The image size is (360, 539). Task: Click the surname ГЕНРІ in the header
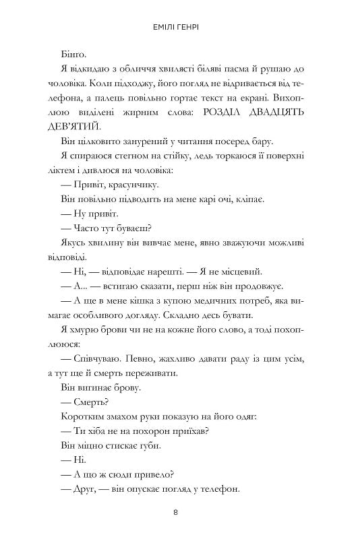pyautogui.click(x=195, y=29)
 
